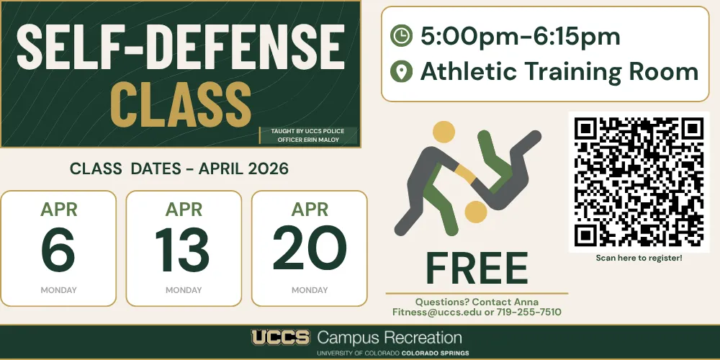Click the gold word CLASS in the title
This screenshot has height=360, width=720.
(x=181, y=104)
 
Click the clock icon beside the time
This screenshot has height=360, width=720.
(x=401, y=36)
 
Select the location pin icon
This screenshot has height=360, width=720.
(x=401, y=71)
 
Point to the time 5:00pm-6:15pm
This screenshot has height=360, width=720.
(x=521, y=37)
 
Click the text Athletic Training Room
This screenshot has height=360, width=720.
(x=559, y=71)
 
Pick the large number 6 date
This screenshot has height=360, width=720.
(x=58, y=248)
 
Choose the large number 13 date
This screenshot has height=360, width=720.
(x=183, y=248)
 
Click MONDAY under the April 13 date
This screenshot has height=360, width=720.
(x=184, y=290)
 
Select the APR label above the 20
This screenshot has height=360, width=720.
(x=310, y=210)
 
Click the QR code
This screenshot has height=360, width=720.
(x=639, y=182)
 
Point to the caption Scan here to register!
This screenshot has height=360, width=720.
(x=639, y=258)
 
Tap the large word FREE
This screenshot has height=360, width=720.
(x=477, y=268)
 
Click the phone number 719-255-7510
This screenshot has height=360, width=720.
(x=529, y=312)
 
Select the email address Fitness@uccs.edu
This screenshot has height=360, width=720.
(x=437, y=312)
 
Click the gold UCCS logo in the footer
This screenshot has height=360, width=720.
(x=280, y=338)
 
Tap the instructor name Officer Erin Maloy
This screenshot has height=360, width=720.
(x=309, y=140)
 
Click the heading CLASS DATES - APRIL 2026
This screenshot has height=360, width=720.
(x=179, y=169)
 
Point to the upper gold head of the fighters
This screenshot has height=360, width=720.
(x=444, y=132)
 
